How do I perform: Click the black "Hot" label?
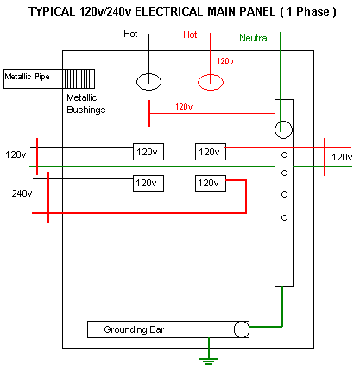pos(130,34)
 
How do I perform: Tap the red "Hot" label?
pos(190,34)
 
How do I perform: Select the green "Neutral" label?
pos(254,38)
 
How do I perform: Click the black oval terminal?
pos(148,82)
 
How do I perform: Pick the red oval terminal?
pos(211,82)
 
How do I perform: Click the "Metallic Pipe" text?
pos(27,77)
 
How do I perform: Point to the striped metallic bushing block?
pos(79,78)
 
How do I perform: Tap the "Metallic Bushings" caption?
pos(86,103)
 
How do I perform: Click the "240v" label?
pos(22,193)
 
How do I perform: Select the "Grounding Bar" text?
pos(134,329)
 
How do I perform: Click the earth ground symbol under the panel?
pos(209,361)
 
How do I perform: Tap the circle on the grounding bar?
pos(242,329)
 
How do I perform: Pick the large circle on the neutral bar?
pos(284,129)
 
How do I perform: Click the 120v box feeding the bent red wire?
pos(211,184)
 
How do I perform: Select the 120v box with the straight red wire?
pos(211,152)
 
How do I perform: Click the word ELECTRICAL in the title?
pos(169,11)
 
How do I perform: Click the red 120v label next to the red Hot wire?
pos(225,61)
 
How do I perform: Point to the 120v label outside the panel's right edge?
pos(342,157)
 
